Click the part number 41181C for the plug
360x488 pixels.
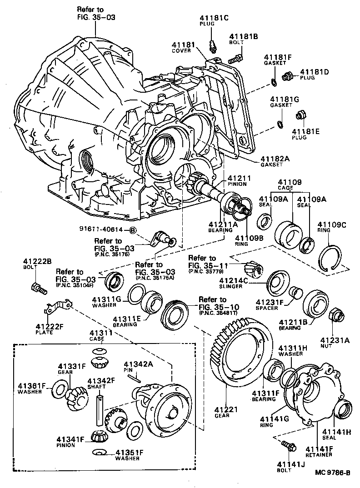coord(210,18)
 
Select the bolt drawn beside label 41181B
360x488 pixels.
coord(234,58)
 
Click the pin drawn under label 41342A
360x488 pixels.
coord(137,375)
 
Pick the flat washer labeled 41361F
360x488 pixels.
coord(59,390)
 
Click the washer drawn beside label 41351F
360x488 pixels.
coord(100,453)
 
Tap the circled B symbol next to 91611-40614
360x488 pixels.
coord(133,230)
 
